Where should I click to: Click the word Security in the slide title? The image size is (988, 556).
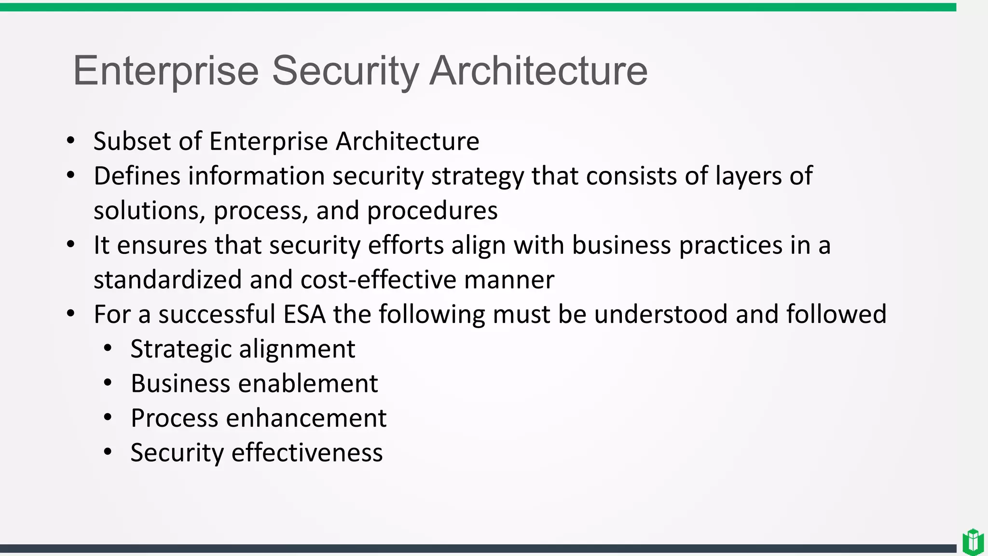345,71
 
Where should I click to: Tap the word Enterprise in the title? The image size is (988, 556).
166,71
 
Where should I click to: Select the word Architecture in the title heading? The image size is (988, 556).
538,71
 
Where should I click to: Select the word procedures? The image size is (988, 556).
432,211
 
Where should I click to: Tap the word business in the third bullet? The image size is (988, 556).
621,245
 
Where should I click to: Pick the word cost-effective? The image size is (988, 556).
378,280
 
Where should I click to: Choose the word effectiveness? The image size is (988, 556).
307,453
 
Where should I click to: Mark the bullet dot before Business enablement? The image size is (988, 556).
108,383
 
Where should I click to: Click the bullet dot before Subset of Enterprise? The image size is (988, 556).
71,141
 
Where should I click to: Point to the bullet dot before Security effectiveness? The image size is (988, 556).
108,452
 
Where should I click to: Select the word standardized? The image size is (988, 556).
167,280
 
